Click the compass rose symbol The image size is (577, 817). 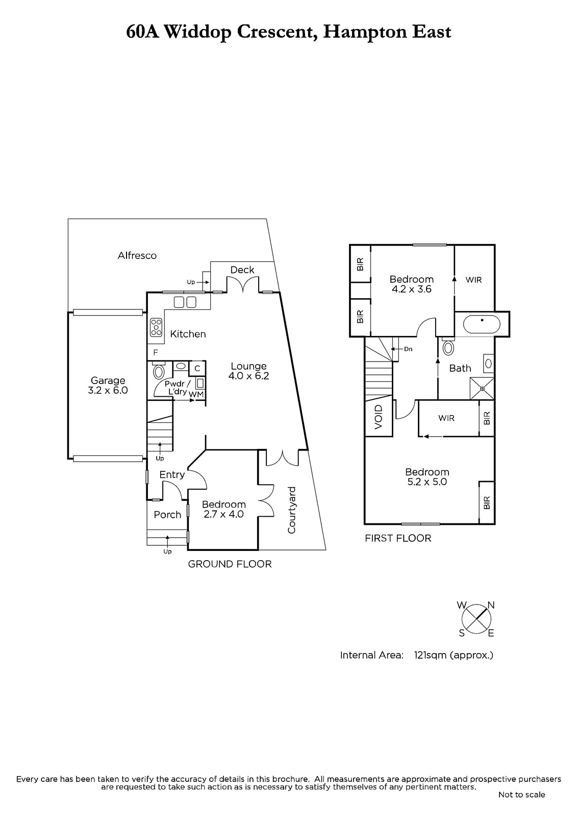tap(476, 618)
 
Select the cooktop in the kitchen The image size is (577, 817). tap(156, 327)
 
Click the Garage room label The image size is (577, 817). tap(108, 381)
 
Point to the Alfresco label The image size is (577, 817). tap(137, 255)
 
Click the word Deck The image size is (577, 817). tap(242, 270)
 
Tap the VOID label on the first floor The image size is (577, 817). tap(379, 417)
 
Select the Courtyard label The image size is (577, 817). tap(291, 510)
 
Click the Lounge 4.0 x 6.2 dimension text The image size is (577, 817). tap(248, 376)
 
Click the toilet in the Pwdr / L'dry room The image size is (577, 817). tap(159, 371)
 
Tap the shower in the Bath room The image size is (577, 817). tap(482, 389)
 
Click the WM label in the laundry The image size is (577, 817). tap(196, 395)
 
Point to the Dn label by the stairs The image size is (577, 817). tap(408, 349)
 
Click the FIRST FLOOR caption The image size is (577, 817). tap(398, 538)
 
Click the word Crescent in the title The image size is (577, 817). tap(277, 32)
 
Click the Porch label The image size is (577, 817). tap(167, 515)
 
